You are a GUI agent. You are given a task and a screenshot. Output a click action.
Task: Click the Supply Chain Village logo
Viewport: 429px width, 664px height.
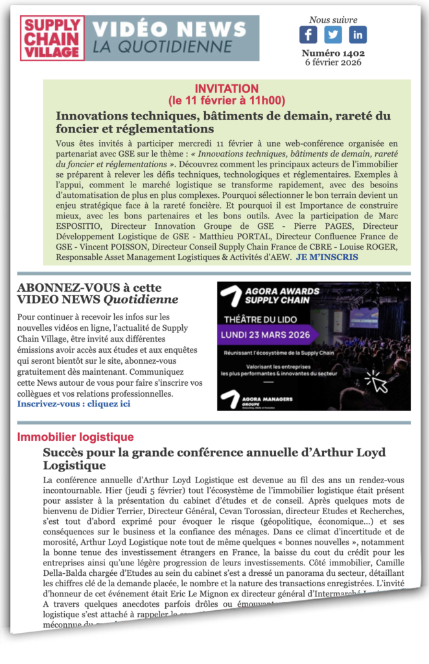[51, 38]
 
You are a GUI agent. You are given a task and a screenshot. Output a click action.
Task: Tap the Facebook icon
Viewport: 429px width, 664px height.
[308, 34]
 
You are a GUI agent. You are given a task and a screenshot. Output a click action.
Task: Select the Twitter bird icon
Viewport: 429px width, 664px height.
[333, 34]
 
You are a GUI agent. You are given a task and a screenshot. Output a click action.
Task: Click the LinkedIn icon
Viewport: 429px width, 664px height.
[358, 34]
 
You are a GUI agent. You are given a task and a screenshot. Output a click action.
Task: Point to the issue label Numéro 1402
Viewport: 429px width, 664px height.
[333, 53]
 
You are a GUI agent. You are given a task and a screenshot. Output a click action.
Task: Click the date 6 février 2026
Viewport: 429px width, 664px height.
[333, 62]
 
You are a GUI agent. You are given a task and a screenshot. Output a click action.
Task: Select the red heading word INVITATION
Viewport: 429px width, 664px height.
[226, 89]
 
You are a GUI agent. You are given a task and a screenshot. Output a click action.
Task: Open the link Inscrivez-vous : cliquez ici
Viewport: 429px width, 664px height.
[73, 403]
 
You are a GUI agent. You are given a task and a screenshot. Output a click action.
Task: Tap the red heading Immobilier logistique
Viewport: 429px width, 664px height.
[75, 437]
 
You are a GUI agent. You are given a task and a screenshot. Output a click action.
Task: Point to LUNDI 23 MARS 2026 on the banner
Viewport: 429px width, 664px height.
[267, 335]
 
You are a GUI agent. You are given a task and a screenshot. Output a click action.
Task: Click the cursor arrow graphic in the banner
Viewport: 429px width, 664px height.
[377, 381]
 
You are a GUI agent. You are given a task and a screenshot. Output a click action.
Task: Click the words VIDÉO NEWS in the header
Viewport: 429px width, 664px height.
[170, 29]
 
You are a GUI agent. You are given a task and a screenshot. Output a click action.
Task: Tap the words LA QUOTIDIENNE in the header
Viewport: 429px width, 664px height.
[161, 47]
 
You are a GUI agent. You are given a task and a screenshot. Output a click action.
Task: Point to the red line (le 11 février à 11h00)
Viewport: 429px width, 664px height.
[226, 101]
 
